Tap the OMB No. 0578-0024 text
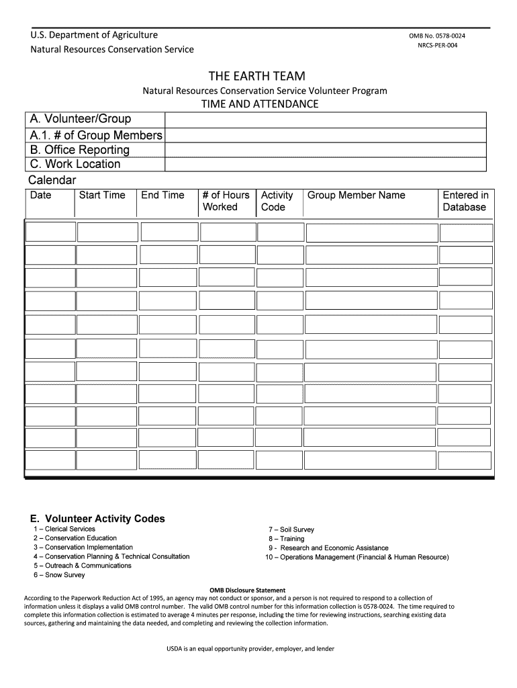click(x=436, y=36)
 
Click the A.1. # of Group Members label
click(x=95, y=135)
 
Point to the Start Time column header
click(x=102, y=195)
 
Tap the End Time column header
click(x=162, y=195)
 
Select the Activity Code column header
click(x=277, y=201)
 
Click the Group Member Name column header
click(x=357, y=195)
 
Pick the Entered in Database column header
click(x=465, y=201)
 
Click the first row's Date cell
click(x=50, y=232)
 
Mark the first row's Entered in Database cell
click(x=465, y=232)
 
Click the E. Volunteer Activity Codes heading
click(x=97, y=519)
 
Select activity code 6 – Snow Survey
click(x=59, y=575)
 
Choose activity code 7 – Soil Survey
click(x=291, y=529)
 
